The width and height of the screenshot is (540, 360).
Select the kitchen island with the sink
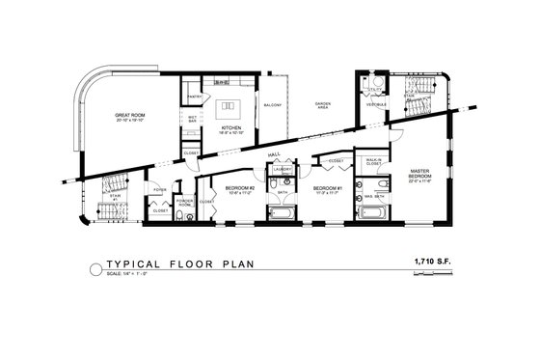230,106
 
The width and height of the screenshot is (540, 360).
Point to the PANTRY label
193,97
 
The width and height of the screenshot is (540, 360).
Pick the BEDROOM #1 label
328,188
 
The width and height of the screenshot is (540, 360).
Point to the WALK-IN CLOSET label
372,163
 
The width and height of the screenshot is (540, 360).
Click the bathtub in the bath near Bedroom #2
283,211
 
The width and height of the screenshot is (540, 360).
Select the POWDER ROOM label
184,203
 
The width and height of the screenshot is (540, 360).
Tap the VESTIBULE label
376,104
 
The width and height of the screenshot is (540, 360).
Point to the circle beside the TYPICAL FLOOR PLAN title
94,267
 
